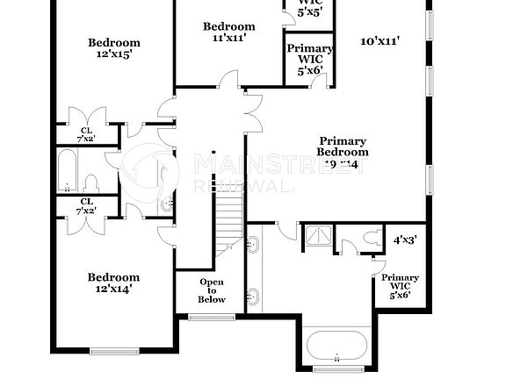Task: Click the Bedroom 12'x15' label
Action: (x=114, y=48)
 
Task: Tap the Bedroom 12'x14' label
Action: (x=114, y=282)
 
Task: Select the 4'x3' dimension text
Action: (x=405, y=239)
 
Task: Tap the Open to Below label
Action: (x=212, y=290)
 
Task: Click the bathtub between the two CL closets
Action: (x=67, y=171)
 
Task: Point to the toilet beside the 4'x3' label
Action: (x=370, y=237)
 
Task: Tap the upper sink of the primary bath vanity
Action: (x=255, y=246)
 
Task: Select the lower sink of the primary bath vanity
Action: (x=255, y=297)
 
